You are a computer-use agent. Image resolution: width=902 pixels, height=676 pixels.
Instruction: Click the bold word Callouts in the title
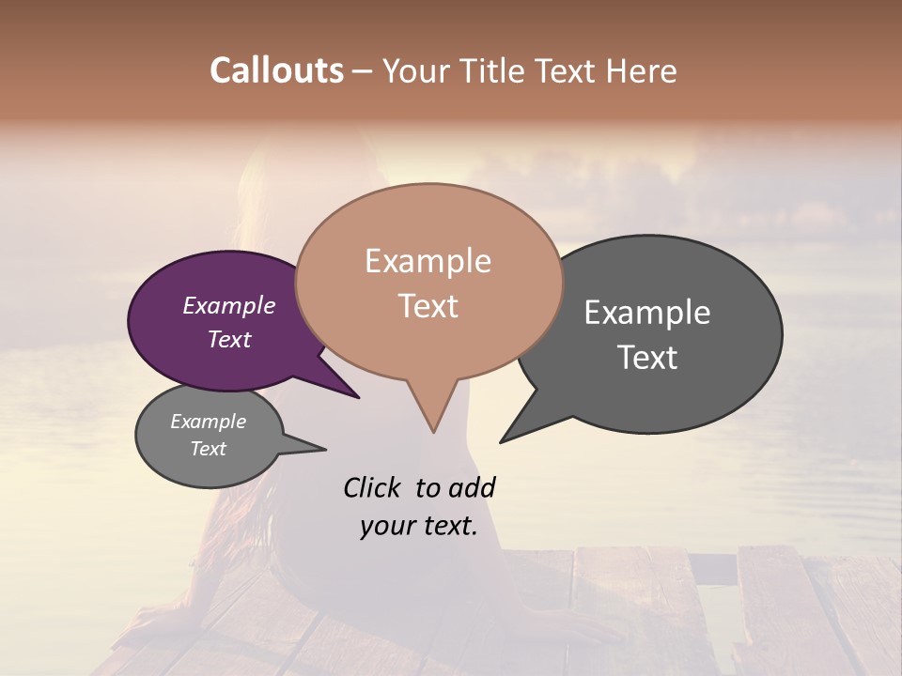(x=276, y=70)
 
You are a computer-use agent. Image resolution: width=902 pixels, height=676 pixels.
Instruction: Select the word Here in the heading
(x=643, y=70)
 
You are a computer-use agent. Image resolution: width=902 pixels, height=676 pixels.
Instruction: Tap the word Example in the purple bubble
(x=229, y=305)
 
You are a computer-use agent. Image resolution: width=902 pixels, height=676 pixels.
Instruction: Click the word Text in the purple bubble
(x=229, y=339)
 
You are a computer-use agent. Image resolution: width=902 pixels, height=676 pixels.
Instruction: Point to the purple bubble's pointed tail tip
(x=359, y=397)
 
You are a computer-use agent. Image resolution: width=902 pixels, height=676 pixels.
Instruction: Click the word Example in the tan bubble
(x=428, y=261)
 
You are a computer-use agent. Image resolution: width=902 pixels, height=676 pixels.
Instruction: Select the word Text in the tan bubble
(x=428, y=306)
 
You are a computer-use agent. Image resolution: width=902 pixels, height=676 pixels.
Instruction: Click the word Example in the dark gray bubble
(x=647, y=313)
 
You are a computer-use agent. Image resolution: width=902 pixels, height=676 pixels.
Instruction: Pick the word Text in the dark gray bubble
(x=647, y=358)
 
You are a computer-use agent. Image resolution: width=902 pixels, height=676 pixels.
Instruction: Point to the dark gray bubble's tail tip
(x=502, y=441)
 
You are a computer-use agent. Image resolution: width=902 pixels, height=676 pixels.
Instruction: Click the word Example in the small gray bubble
(x=209, y=422)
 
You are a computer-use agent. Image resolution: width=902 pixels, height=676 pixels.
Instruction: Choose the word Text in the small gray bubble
(x=209, y=449)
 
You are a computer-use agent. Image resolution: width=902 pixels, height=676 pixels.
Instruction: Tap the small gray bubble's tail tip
(x=325, y=450)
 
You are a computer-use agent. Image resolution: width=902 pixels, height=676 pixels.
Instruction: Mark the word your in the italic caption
(x=387, y=526)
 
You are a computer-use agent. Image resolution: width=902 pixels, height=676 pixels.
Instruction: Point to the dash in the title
(x=363, y=71)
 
